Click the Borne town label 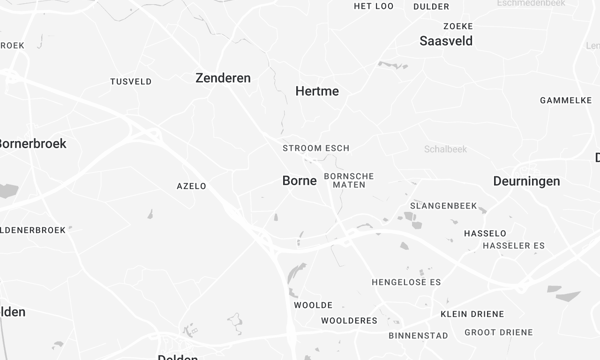coord(300,181)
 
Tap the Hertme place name coord(317,91)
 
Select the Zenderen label coord(223,78)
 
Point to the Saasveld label coord(446,41)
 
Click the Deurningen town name coord(527,181)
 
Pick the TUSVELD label coord(131,81)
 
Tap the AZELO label coord(191,186)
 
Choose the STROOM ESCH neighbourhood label coord(316,148)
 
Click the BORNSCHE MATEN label coord(349,180)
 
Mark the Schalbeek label coord(445,148)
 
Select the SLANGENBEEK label coord(440,205)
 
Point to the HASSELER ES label coord(513,245)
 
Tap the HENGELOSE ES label coord(405,283)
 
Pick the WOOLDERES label coord(349,321)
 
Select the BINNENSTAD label coord(418,336)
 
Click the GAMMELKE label coord(566,100)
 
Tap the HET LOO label coord(374,6)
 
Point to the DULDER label coord(431,6)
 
